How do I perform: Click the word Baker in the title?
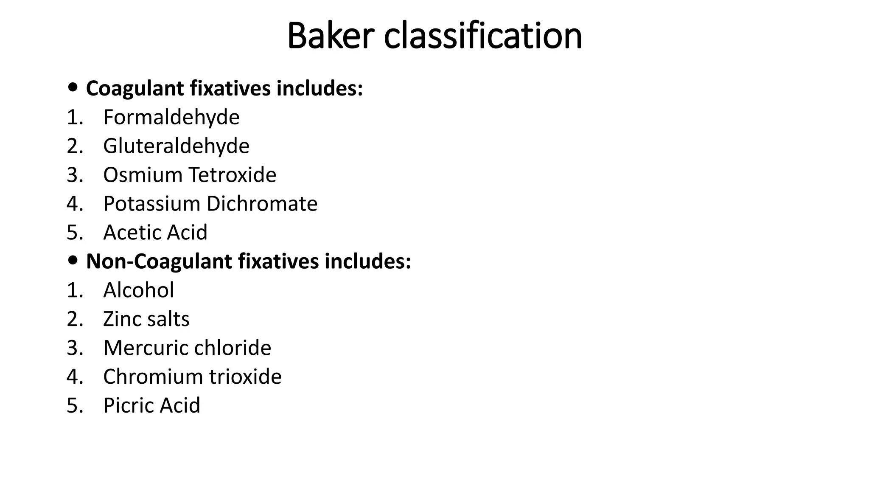pos(331,36)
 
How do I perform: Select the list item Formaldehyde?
pos(171,117)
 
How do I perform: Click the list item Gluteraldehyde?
pos(176,146)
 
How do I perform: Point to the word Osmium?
pos(143,175)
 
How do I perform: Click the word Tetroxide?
pos(233,175)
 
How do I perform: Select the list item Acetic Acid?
pos(155,233)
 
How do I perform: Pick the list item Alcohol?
pos(138,290)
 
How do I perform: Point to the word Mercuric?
pos(143,348)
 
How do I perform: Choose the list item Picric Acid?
pos(151,406)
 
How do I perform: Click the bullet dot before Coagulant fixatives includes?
pos(73,87)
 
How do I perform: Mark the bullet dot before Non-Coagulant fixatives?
pos(73,260)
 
